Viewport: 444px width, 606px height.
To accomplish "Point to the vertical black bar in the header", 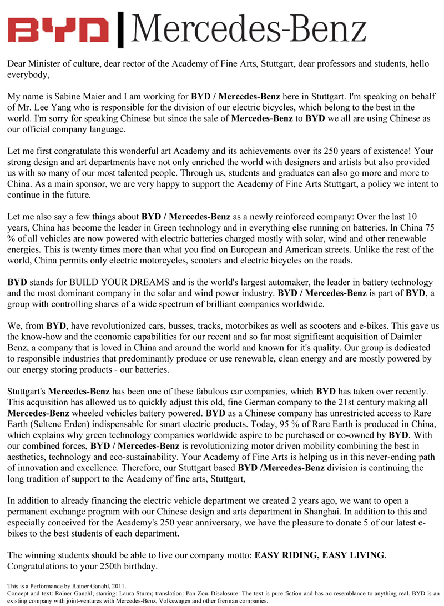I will coord(122,28).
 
